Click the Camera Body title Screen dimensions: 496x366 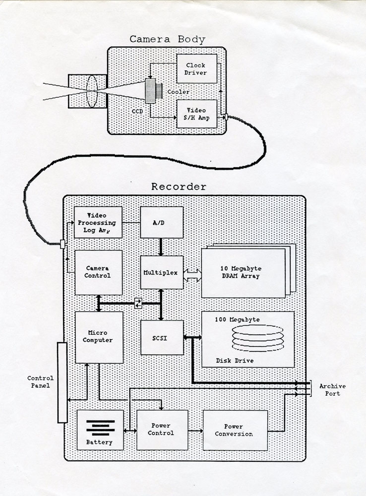tap(167, 39)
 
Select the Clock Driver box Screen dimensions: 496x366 tap(196, 69)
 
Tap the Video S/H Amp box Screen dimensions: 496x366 tap(196, 114)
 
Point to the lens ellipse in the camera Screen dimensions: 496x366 tap(91, 90)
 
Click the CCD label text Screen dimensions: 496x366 tap(137, 112)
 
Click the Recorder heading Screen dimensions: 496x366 tap(179, 187)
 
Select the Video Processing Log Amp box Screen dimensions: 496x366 tap(98, 222)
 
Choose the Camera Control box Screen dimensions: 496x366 tap(98, 272)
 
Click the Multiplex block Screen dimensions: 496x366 tap(162, 272)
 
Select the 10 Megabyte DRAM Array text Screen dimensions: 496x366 tap(240, 272)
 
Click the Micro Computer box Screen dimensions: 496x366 tap(98, 337)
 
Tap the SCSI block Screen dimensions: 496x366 tap(162, 337)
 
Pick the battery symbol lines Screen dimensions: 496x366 tap(100, 426)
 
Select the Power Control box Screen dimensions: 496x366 tap(162, 430)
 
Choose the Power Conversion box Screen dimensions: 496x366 tap(235, 430)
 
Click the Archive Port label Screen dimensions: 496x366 tap(332, 390)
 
